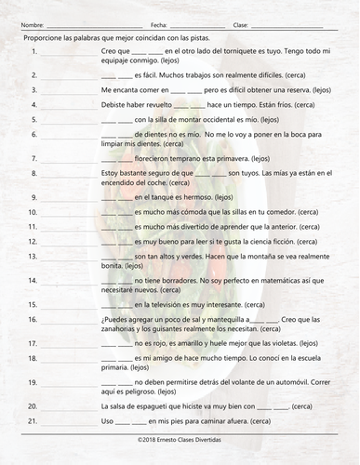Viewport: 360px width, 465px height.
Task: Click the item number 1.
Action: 34,51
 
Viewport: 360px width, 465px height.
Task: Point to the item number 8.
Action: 34,172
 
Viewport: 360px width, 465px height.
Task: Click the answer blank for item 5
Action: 70,121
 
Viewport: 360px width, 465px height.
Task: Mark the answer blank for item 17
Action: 70,342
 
